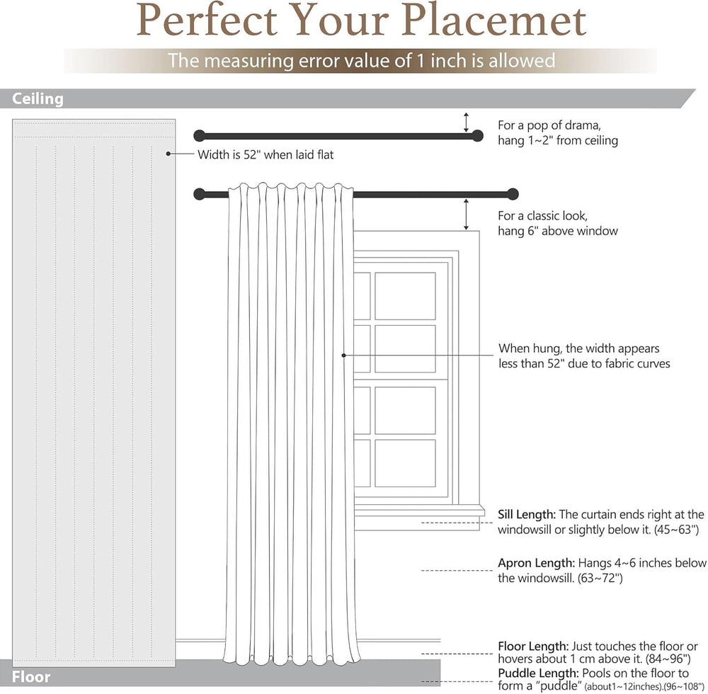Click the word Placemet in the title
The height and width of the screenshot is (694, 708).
[493, 20]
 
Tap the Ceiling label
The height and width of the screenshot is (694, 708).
[38, 99]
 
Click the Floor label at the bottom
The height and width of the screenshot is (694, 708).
[31, 676]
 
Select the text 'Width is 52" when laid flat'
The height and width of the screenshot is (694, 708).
[265, 155]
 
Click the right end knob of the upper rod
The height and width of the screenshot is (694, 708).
[477, 135]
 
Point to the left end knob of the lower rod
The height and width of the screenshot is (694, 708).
[199, 194]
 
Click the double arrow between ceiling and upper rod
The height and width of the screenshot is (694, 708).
[466, 123]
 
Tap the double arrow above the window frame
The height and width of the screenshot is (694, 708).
[466, 215]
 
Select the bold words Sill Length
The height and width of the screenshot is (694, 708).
[527, 515]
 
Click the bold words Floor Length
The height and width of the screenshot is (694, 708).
[533, 647]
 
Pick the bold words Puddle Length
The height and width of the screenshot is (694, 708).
[538, 673]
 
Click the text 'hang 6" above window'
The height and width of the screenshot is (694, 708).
[558, 231]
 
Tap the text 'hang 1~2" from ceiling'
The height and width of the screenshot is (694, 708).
[558, 140]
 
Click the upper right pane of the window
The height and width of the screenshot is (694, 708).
[405, 296]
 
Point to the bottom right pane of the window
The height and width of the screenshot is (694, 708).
[405, 463]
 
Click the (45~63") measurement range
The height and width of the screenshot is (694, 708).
[676, 530]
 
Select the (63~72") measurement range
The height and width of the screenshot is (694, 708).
[600, 578]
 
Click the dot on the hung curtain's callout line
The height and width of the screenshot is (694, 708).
[343, 355]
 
